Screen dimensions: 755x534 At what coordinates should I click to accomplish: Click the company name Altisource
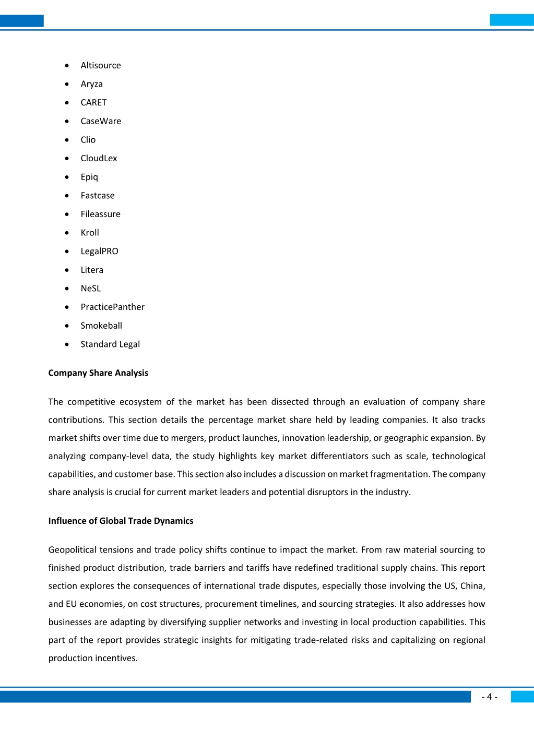click(x=101, y=65)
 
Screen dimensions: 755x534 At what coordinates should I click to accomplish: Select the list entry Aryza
click(x=91, y=84)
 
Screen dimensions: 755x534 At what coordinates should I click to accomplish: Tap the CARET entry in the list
click(x=93, y=103)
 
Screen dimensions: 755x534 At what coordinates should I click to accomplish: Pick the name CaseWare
click(x=101, y=121)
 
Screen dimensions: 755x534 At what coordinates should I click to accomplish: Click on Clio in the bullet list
click(x=88, y=140)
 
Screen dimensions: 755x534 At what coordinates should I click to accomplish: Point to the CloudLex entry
click(x=99, y=158)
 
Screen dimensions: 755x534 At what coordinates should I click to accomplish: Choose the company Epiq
click(x=89, y=177)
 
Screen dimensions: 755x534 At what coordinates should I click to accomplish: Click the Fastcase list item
click(x=98, y=196)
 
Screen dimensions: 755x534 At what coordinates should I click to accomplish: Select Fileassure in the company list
click(x=100, y=214)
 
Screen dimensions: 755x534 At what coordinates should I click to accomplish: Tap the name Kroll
click(x=90, y=233)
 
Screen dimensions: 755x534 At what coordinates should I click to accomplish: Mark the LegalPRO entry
click(x=99, y=251)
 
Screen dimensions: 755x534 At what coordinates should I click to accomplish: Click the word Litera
click(x=92, y=270)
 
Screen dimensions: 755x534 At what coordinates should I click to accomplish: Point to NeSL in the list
click(x=91, y=289)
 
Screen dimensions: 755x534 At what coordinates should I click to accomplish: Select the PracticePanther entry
click(x=112, y=307)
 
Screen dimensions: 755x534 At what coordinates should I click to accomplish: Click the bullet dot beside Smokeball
click(x=67, y=326)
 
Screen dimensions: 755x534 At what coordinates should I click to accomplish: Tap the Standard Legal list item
click(x=110, y=344)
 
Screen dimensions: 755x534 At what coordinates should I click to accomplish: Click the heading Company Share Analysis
click(x=98, y=373)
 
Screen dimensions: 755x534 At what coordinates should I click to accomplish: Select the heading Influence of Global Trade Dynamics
click(x=121, y=521)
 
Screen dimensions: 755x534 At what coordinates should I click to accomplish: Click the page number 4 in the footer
click(x=489, y=697)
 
